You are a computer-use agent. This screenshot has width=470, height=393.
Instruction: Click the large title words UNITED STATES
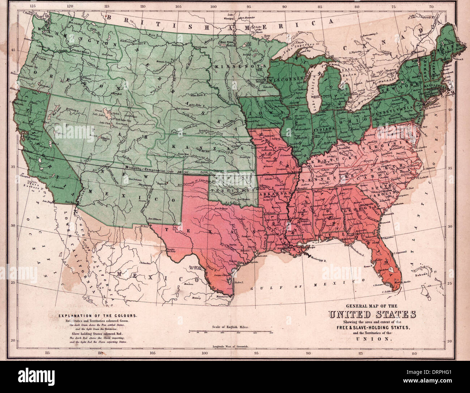pos(372,314)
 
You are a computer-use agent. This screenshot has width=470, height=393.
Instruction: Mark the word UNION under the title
pos(372,339)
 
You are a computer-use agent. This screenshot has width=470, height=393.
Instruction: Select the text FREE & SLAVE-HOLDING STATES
pos(372,327)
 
